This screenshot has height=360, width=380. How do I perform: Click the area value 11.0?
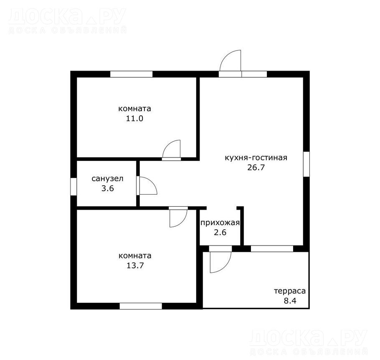click(134, 119)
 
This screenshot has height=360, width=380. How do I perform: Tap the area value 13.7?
click(135, 266)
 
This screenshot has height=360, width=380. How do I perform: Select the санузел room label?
click(107, 179)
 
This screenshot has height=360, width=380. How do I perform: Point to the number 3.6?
click(108, 188)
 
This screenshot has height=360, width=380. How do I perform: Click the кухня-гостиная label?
click(256, 158)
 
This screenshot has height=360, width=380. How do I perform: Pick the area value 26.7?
click(256, 167)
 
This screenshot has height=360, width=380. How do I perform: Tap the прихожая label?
click(220, 223)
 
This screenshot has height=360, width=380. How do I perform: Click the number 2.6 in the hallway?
click(220, 233)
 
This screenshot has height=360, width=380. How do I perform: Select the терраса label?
click(290, 291)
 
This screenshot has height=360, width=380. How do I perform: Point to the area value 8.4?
click(290, 301)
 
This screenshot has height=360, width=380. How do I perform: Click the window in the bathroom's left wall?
click(73, 186)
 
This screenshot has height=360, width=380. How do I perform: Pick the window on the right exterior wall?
click(307, 164)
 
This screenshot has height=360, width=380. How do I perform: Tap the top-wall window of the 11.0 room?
click(132, 74)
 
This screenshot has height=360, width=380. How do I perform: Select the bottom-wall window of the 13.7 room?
click(141, 306)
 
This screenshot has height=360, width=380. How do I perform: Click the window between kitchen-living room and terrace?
click(272, 249)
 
